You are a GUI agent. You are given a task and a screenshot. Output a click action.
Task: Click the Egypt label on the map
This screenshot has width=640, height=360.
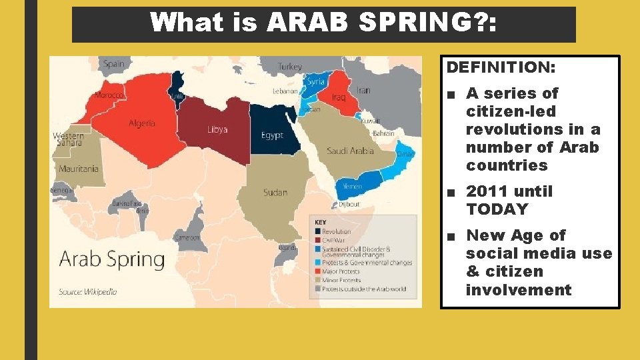coord(272,135)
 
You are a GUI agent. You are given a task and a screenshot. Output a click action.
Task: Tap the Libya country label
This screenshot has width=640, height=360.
coord(217,129)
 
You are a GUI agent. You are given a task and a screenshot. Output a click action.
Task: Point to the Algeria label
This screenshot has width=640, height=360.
coord(141,123)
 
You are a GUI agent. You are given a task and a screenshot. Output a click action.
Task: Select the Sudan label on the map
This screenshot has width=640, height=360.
coord(275,193)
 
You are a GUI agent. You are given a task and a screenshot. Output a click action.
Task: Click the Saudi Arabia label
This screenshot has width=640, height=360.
coord(351,151)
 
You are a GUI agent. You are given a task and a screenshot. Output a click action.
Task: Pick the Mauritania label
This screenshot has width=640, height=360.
coord(78,169)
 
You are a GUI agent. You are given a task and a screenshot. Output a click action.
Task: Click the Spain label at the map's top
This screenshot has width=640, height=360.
coord(113,64)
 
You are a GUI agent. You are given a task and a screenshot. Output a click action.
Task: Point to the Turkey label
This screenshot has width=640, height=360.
coord(290,67)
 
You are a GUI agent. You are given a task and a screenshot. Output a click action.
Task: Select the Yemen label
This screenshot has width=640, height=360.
coord(352,187)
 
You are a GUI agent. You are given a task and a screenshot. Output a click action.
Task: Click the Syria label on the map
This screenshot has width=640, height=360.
coord(315,82)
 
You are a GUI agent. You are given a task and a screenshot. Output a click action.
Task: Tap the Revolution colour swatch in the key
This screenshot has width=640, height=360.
coord(317,232)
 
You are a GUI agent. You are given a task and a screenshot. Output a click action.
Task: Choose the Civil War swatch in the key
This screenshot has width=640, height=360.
coord(317,240)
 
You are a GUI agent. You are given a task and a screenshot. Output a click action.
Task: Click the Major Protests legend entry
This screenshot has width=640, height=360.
coord(341,271)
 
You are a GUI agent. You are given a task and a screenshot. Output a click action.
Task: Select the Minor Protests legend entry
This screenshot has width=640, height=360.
coord(341,280)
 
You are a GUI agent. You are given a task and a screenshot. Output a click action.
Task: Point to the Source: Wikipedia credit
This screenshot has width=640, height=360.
coord(87,292)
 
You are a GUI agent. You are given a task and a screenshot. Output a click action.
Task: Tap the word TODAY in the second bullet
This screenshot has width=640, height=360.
coord(497,209)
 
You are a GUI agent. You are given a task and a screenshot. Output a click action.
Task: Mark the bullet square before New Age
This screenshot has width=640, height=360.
coord(452,236)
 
